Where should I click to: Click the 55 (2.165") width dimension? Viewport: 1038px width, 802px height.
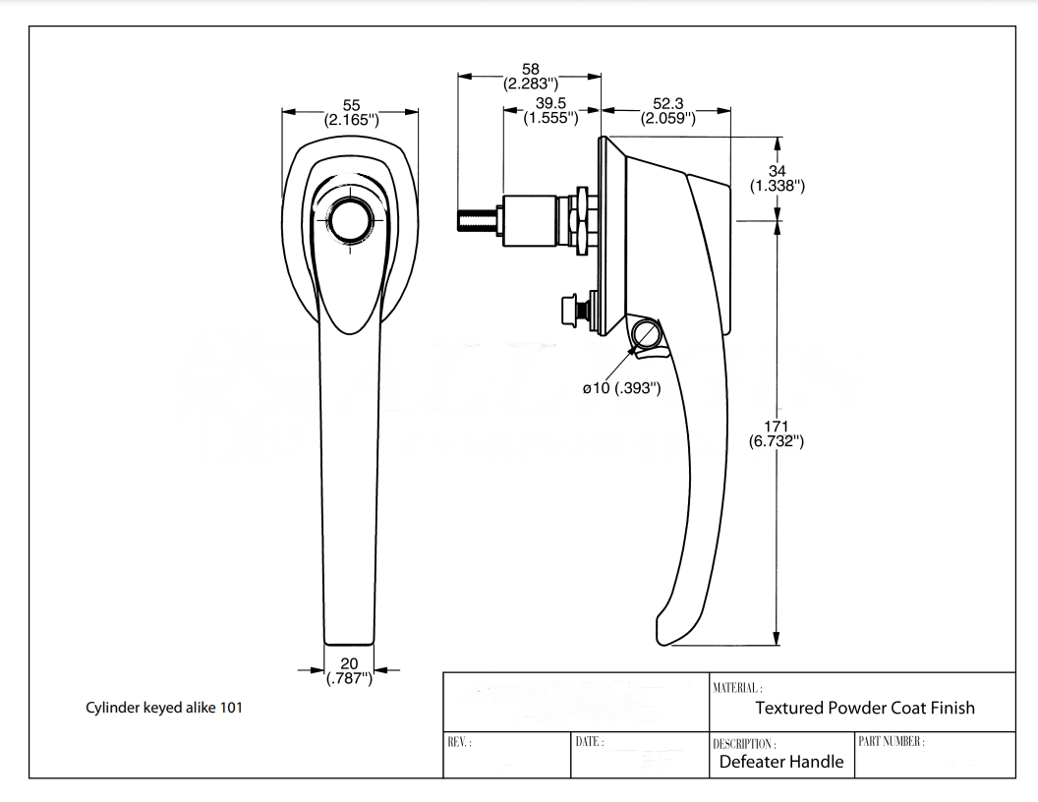pyautogui.click(x=351, y=113)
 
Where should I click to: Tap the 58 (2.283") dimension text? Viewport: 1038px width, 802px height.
pyautogui.click(x=530, y=77)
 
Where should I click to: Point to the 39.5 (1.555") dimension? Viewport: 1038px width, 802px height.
pyautogui.click(x=549, y=110)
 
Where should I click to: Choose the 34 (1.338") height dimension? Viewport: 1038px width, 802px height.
pyautogui.click(x=778, y=177)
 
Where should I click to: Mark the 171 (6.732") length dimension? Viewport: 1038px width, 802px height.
pyautogui.click(x=778, y=432)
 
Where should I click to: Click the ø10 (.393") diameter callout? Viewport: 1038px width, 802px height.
pyautogui.click(x=620, y=388)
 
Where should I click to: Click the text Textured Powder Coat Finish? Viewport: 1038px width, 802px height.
pyautogui.click(x=865, y=708)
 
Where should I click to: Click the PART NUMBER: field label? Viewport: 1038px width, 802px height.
pyautogui.click(x=893, y=740)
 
